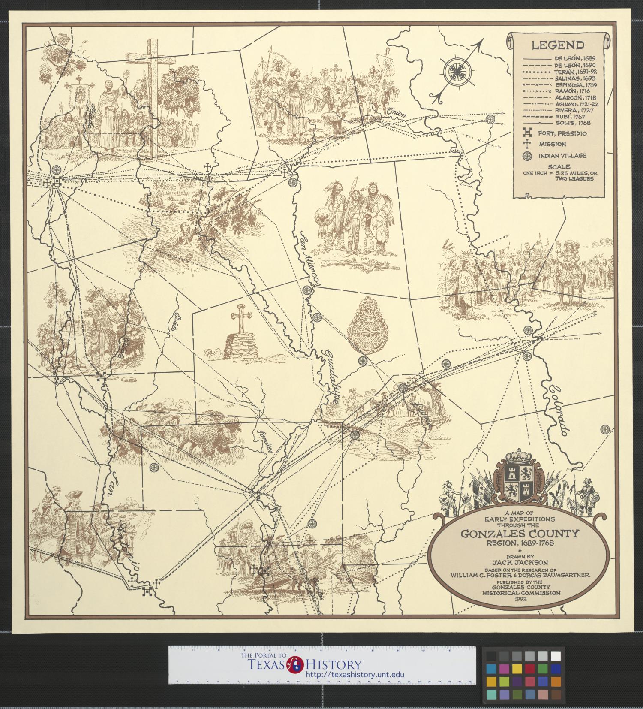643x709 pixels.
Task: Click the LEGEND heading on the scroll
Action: point(557,45)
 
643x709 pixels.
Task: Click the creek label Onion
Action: point(395,112)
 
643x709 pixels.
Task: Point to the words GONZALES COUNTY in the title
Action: point(520,534)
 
